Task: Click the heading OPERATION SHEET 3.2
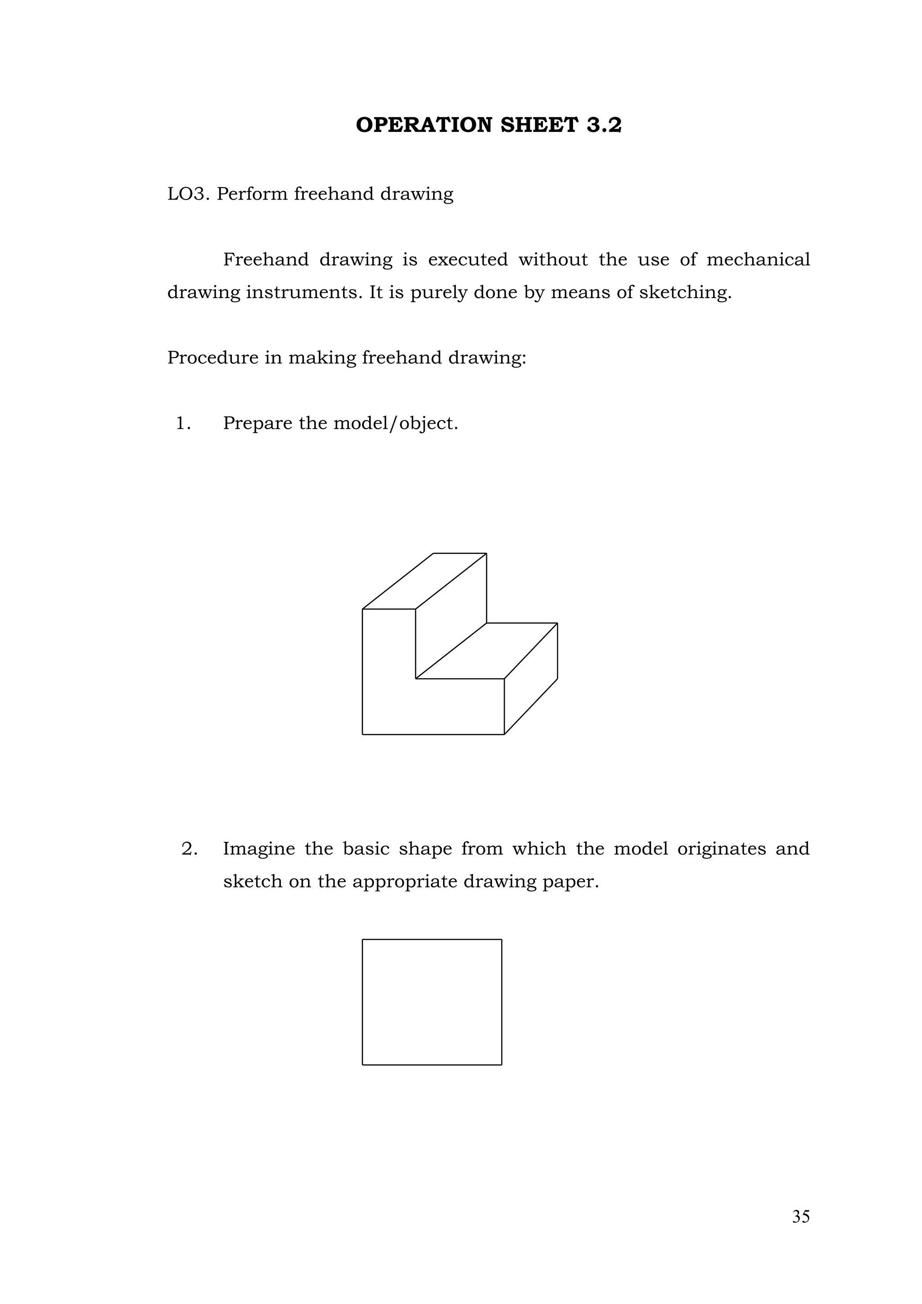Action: coord(488,125)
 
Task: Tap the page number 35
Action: coord(800,1217)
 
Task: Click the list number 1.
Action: coord(183,423)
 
